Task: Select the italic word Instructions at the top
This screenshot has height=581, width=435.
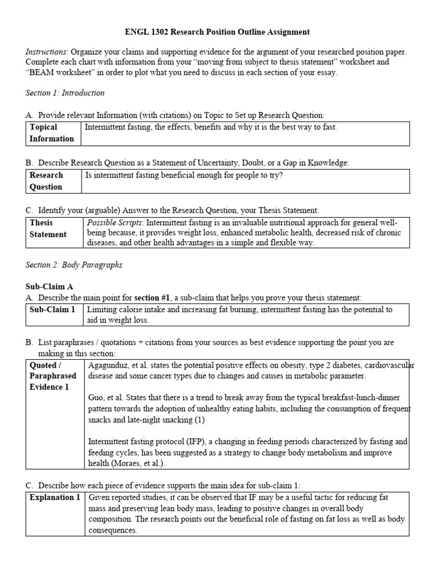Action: click(x=45, y=52)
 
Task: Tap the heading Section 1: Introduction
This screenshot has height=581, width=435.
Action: click(x=65, y=92)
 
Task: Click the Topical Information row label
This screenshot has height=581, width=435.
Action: click(x=52, y=133)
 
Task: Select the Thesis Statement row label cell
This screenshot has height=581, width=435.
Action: click(x=48, y=229)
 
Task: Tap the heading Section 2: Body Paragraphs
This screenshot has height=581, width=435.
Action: click(x=74, y=265)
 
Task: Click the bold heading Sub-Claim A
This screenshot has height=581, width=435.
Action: click(x=50, y=287)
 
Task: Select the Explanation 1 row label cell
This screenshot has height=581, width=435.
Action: click(x=54, y=498)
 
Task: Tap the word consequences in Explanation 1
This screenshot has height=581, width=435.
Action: click(x=113, y=530)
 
